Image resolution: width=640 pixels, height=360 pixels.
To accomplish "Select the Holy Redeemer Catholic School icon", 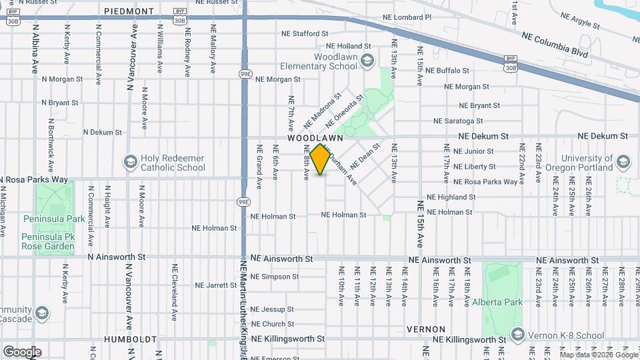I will pos(130,163).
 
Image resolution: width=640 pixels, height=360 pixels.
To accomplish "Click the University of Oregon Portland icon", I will pos(623,163).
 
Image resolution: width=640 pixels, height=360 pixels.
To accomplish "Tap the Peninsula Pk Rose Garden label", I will pos(49,246).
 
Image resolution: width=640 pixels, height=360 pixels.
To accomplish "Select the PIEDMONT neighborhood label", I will pos(129,11).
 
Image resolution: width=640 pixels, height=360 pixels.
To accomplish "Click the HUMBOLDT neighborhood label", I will pos(130,339).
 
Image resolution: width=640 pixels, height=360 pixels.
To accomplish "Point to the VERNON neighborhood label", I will pos(425,329).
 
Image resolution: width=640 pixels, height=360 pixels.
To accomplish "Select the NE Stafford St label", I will pos(305,33).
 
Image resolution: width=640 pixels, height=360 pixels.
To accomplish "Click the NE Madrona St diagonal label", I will pos(322,111).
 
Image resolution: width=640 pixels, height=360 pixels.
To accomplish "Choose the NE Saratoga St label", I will pos(458,121).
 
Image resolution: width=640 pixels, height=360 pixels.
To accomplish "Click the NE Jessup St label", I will pos(272,309).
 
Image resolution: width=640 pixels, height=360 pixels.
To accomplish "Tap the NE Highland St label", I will pos(451,197).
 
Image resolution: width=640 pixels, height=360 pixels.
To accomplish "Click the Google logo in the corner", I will pos(22,352).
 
